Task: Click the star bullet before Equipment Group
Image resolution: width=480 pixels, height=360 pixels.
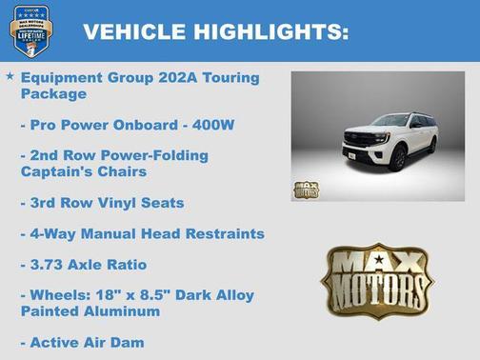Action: tap(10, 75)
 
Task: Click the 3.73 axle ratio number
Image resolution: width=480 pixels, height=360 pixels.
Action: tap(49, 264)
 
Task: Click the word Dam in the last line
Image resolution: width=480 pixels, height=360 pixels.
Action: tap(128, 342)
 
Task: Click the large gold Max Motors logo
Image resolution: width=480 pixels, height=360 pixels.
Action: tap(376, 281)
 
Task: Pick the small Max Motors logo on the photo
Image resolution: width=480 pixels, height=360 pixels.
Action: tap(306, 188)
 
